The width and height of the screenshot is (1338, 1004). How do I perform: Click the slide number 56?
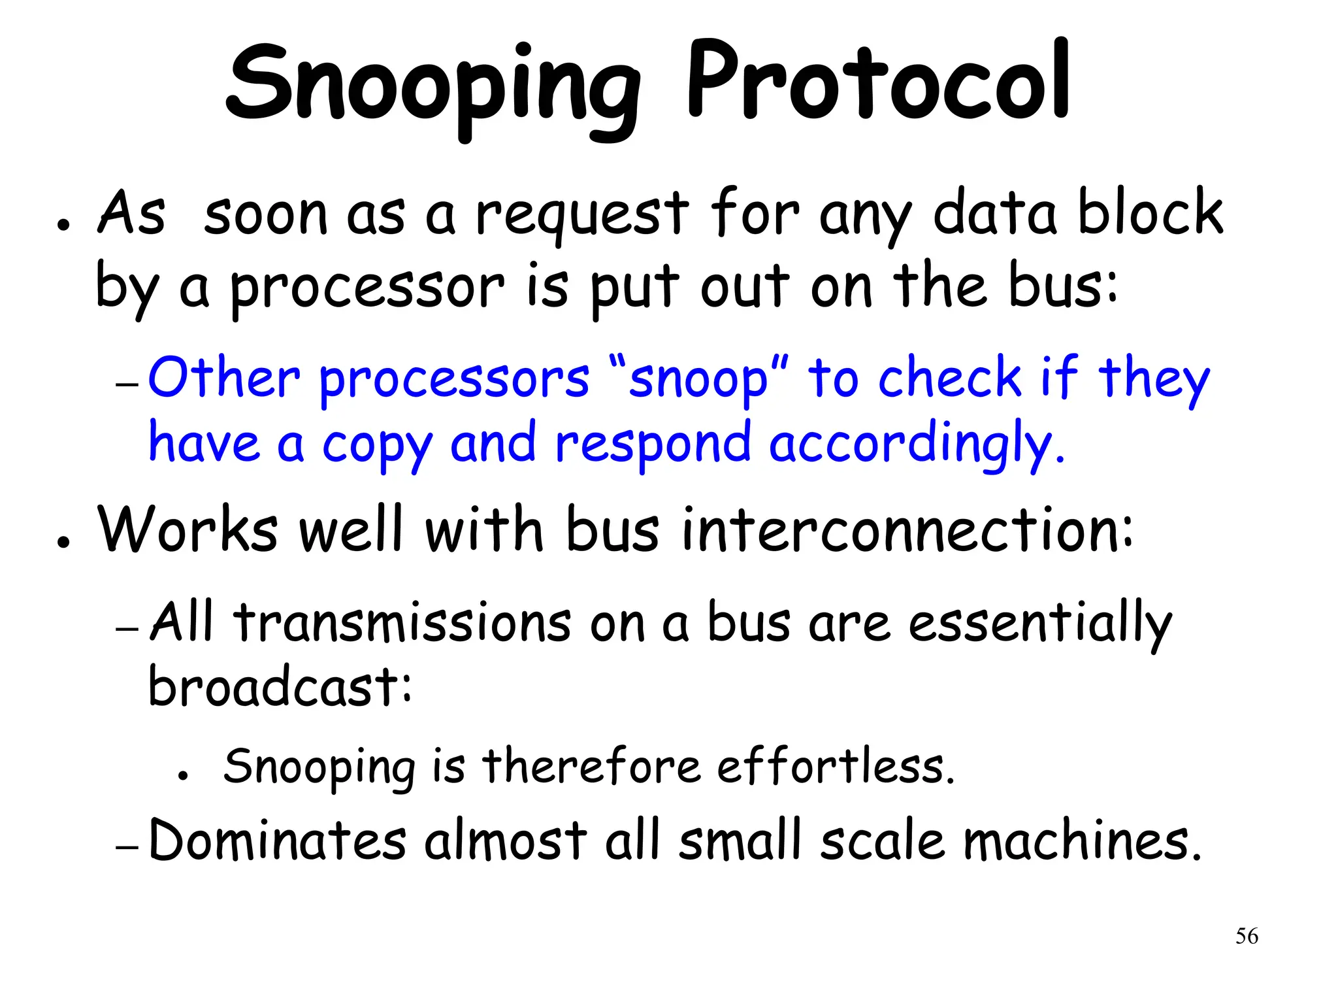click(1247, 936)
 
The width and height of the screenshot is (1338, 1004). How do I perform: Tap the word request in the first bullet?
click(581, 216)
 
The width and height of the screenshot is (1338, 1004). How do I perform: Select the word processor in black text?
click(368, 289)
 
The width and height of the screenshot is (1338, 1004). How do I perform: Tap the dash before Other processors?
click(127, 385)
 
